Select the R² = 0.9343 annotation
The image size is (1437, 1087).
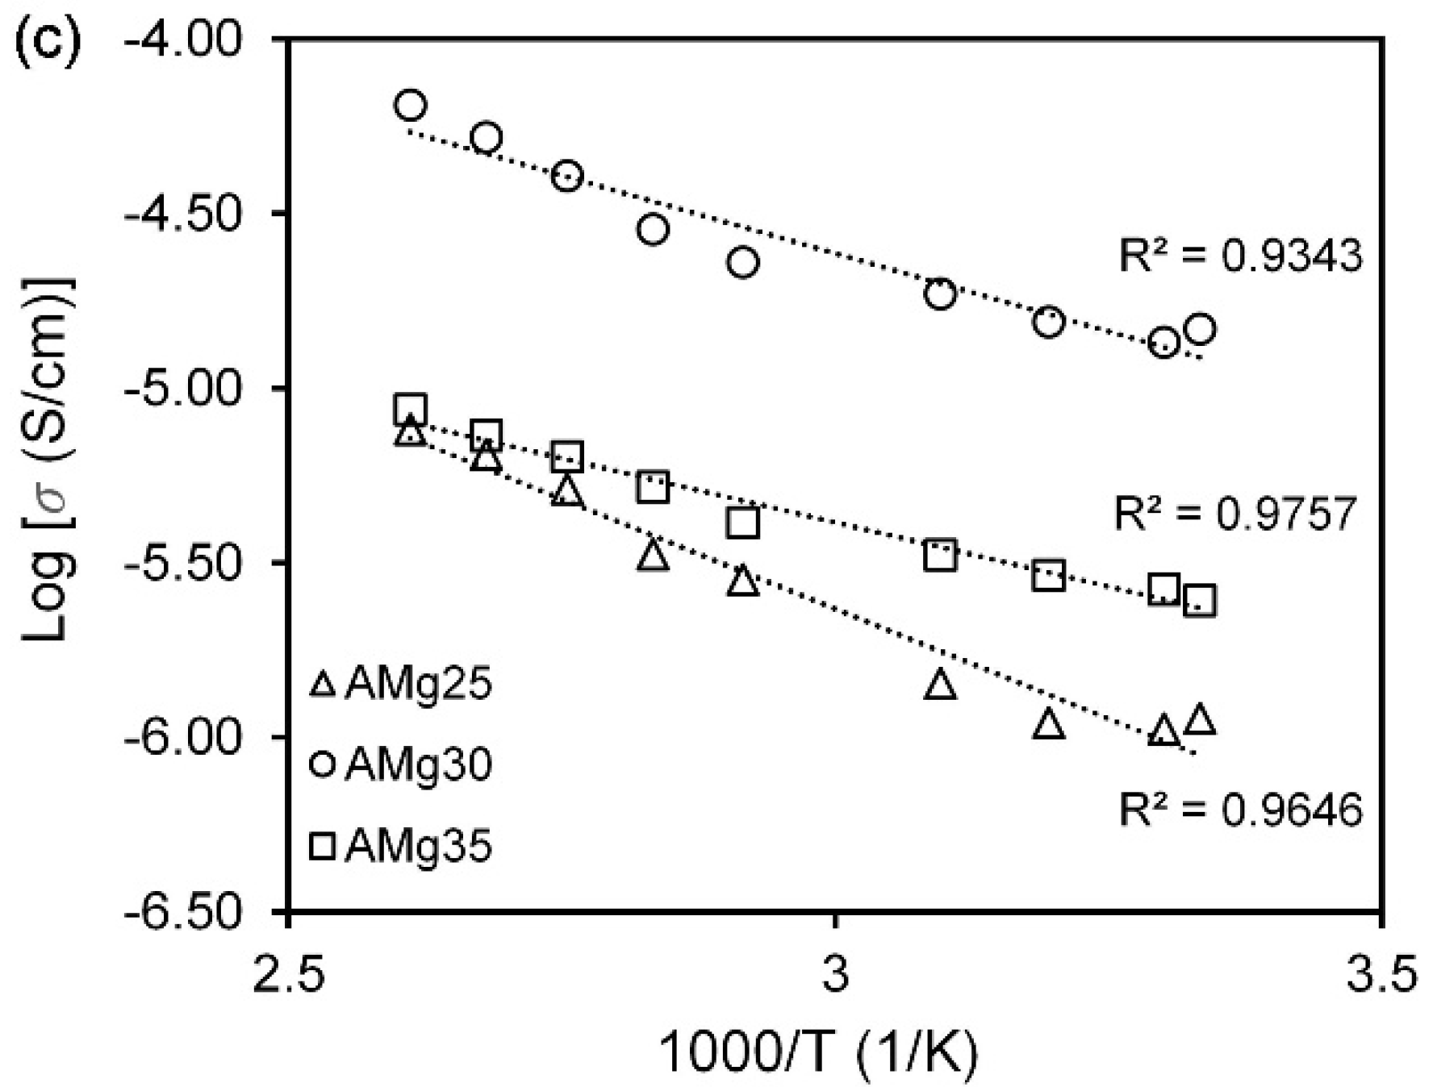point(1240,256)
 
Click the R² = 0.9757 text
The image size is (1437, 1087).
point(1235,513)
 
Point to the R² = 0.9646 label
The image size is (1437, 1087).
point(1240,809)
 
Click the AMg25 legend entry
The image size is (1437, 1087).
point(401,685)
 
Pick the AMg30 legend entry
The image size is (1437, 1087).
point(401,764)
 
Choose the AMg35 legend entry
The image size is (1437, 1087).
point(401,847)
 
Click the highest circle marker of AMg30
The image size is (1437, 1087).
point(411,105)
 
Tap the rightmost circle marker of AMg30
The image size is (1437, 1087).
point(1200,329)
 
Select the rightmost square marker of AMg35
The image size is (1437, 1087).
point(1200,602)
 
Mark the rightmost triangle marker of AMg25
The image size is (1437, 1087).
point(1200,719)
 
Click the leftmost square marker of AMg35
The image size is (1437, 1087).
point(411,410)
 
